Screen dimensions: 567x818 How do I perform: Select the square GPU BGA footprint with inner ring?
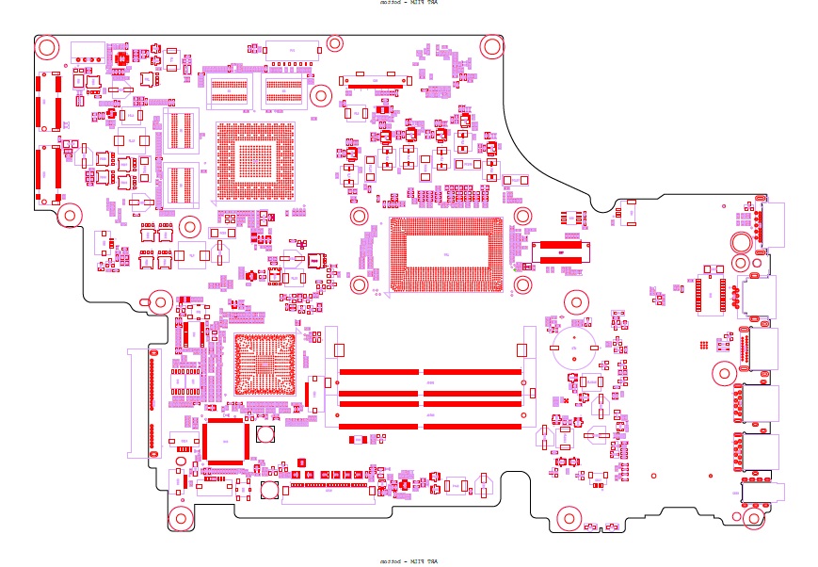tap(255, 161)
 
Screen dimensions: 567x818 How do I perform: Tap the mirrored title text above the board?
tap(409, 3)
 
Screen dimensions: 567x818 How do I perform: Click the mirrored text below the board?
tap(409, 561)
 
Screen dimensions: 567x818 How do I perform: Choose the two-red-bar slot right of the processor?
tap(562, 250)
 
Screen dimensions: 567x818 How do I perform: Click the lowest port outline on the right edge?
tap(761, 493)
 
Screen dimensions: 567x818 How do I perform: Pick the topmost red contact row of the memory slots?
tap(429, 372)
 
